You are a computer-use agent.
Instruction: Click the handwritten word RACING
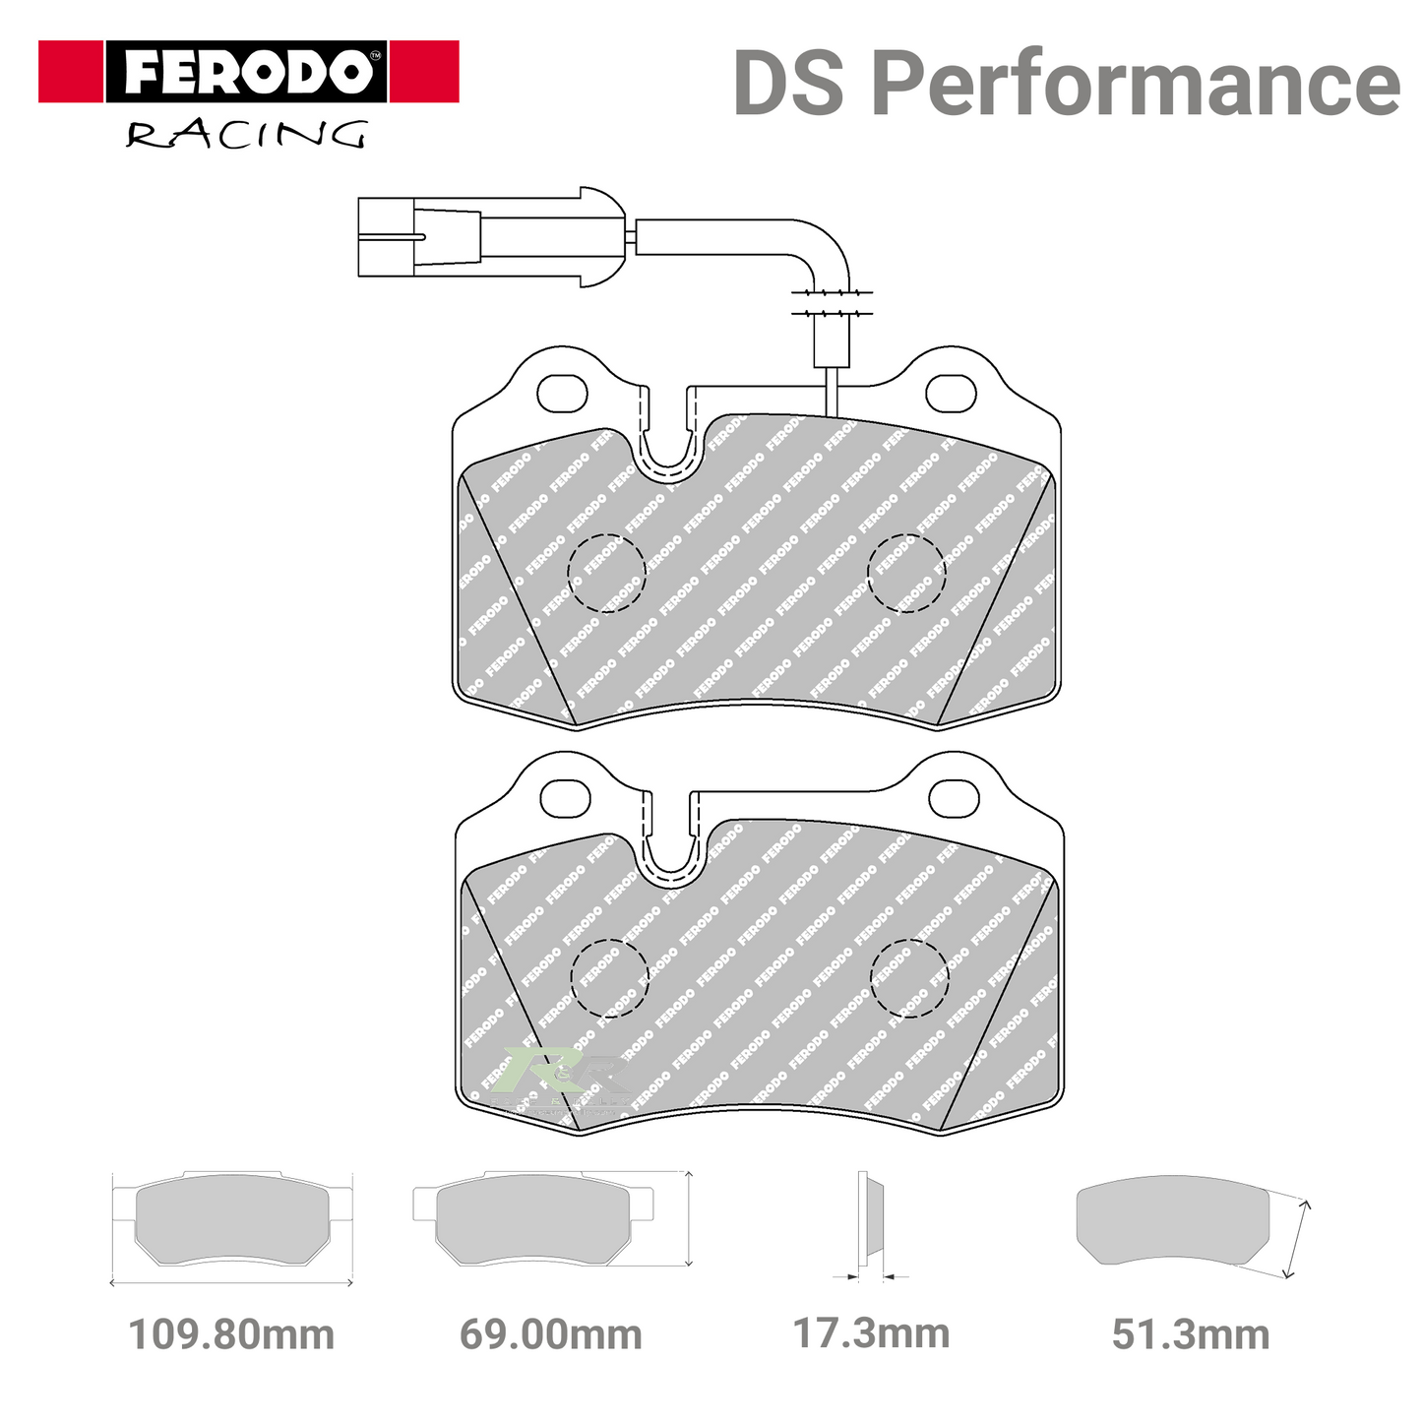[x=246, y=134]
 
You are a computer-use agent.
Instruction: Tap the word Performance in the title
[x=1136, y=85]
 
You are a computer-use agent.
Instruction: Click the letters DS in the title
[x=788, y=85]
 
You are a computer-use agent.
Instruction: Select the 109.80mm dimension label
[x=231, y=1335]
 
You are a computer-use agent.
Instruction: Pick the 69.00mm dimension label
[x=550, y=1335]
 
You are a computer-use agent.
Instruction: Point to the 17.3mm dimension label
[x=871, y=1334]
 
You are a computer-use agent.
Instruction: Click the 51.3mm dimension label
[x=1191, y=1335]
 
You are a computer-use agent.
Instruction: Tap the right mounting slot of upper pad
[x=952, y=393]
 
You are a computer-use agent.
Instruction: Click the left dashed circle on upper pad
[x=607, y=573]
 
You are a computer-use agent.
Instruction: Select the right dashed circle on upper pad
[x=905, y=573]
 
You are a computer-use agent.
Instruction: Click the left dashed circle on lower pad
[x=610, y=978]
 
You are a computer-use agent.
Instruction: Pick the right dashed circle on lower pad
[x=909, y=978]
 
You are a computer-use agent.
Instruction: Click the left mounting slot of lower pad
[x=566, y=798]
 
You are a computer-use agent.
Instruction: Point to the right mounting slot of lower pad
[x=955, y=798]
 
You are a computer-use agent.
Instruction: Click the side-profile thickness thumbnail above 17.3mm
[x=869, y=1220]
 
